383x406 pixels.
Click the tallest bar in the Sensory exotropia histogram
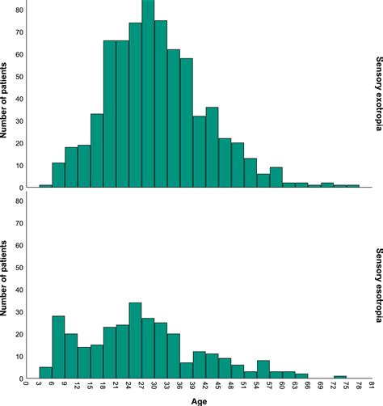[148, 97]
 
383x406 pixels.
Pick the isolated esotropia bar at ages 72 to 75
[340, 376]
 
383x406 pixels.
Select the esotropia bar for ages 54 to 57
[263, 369]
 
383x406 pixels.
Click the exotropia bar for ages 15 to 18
[97, 154]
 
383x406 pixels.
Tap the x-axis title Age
[200, 400]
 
